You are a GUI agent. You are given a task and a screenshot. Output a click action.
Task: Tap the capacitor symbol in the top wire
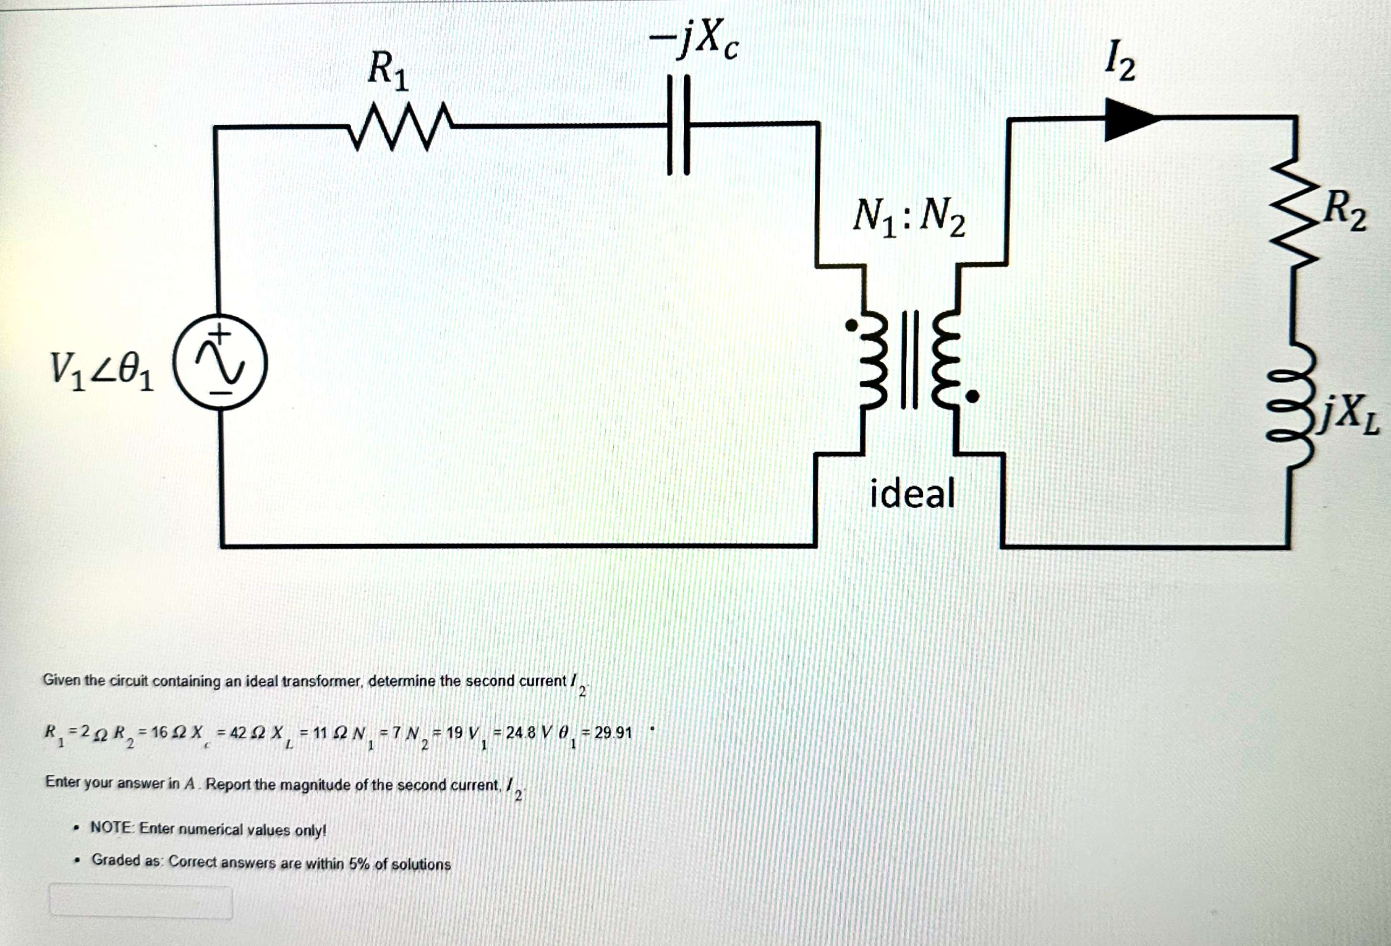[679, 125]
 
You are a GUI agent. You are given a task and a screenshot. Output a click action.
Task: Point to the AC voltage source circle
[220, 363]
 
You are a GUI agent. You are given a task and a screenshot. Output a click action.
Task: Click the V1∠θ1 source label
[102, 371]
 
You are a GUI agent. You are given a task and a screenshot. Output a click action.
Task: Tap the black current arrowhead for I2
[1129, 120]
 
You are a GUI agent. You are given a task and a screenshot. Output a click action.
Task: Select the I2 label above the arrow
[1120, 60]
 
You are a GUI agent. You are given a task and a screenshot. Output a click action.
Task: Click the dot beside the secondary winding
[973, 396]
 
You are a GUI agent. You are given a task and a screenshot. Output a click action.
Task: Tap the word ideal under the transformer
[912, 494]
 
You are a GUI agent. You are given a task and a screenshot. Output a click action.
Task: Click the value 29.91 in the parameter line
[613, 733]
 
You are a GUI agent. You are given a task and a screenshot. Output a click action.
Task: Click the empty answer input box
[141, 901]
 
